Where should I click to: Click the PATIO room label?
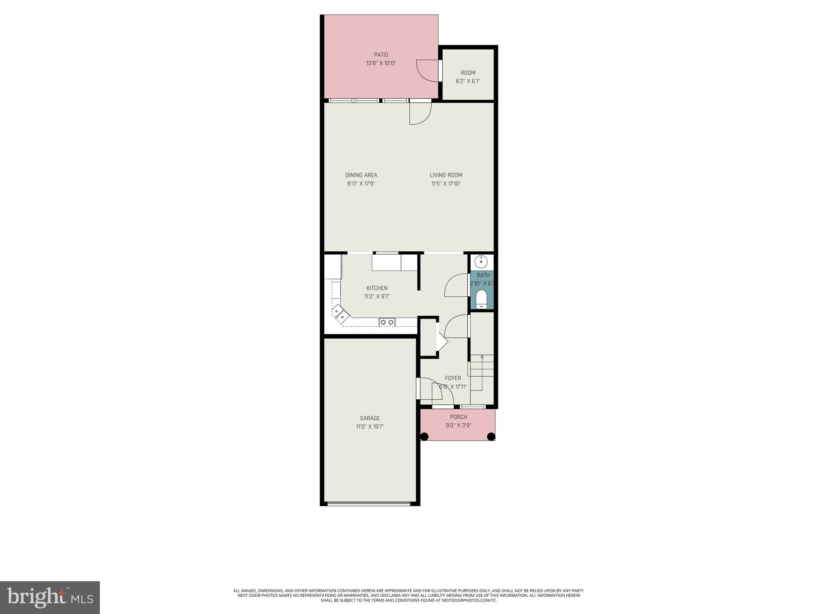coord(381,55)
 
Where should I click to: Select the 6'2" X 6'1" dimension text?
coord(468,81)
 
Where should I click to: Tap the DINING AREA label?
coord(361,175)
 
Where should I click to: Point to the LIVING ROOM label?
coord(446,175)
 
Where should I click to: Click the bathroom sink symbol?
coord(481,262)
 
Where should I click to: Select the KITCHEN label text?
coord(377,288)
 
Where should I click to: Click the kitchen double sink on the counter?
coord(387,322)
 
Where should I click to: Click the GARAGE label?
coord(370,418)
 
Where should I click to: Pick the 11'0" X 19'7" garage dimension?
coord(370,427)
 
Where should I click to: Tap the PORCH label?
coord(458,417)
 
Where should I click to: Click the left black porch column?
coord(424,437)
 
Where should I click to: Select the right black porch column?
coord(491,437)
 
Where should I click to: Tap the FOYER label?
coord(453,378)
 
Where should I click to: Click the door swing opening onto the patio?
coord(427,71)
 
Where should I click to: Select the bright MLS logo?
coord(50,597)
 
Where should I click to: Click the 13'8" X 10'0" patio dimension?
coord(381,63)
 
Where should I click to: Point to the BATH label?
coord(483,275)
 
